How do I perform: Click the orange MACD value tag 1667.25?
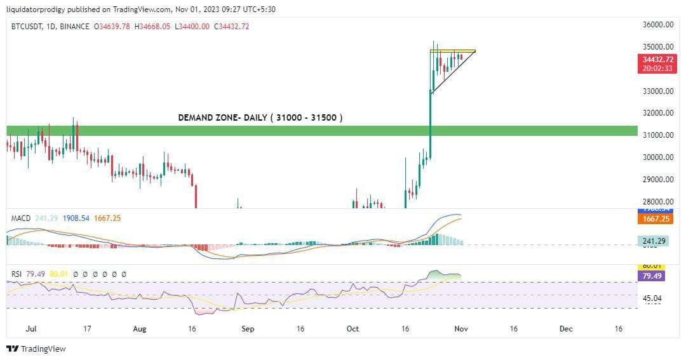654,219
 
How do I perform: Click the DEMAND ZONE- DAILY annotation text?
260,117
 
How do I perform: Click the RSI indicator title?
17,274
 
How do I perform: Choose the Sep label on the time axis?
248,329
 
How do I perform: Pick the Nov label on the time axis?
462,329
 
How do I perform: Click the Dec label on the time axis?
566,329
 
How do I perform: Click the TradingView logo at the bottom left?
36,349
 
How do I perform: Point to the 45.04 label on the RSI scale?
653,298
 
